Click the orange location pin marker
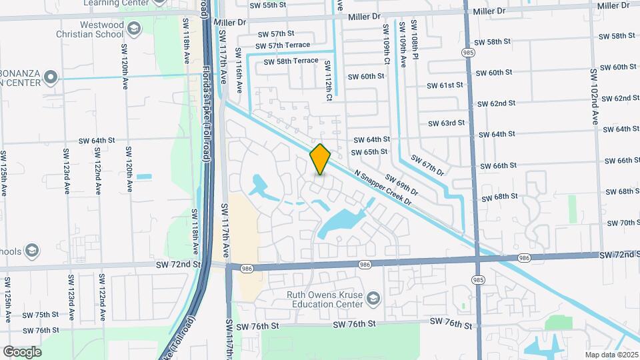tap(321, 159)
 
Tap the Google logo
tap(22, 352)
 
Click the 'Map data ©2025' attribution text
tap(611, 354)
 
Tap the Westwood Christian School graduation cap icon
tap(134, 28)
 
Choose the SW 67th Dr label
tap(427, 166)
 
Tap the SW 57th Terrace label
tap(279, 45)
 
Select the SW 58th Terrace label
tap(291, 61)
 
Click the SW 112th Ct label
tap(329, 81)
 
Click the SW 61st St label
tap(445, 85)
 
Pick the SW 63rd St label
tap(447, 123)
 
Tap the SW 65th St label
tap(369, 152)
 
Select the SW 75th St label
tap(41, 315)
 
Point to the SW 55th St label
tap(267, 5)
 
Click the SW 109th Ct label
tap(385, 45)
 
